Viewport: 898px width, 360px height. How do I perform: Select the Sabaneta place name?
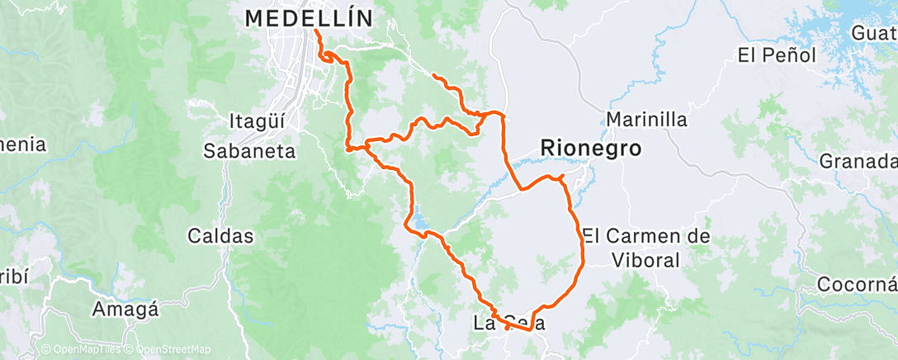(249, 150)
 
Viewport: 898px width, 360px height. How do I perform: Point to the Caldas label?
(220, 235)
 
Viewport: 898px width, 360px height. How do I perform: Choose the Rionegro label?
(590, 148)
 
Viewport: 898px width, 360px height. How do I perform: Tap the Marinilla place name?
(646, 119)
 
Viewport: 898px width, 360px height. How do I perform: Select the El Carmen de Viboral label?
(645, 248)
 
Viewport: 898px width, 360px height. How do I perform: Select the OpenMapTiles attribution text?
(83, 349)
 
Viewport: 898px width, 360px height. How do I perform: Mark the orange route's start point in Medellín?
(316, 31)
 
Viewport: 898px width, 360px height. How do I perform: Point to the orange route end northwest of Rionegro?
(433, 75)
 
